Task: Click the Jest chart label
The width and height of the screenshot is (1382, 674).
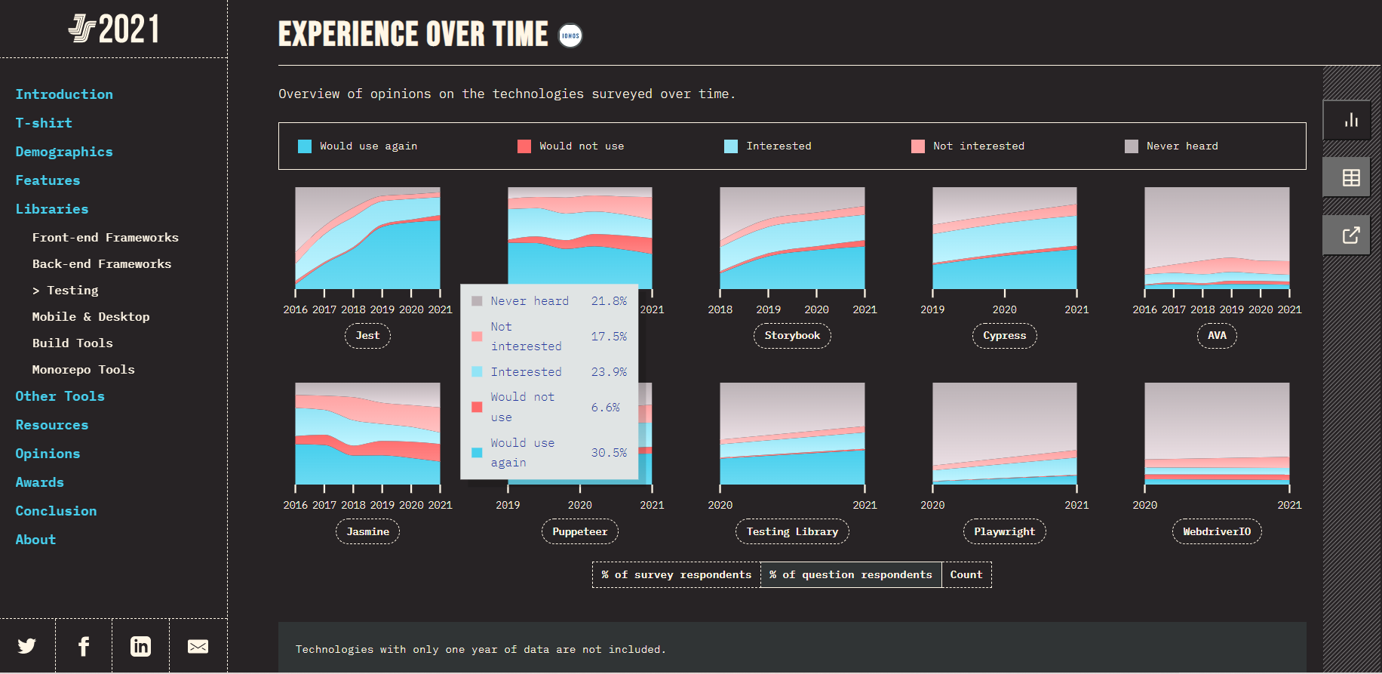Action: coord(367,336)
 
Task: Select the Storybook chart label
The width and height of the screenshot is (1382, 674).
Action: coord(792,336)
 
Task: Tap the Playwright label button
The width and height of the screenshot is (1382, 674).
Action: coord(1004,532)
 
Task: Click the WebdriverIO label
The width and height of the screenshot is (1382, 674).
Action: coord(1216,532)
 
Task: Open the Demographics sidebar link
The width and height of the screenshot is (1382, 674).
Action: coord(64,152)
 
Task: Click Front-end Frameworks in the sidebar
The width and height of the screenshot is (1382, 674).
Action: coord(105,238)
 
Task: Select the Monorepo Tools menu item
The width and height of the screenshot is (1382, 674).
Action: coord(83,370)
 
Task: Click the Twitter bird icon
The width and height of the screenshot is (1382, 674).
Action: coord(27,646)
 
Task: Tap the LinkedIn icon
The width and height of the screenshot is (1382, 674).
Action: coord(140,646)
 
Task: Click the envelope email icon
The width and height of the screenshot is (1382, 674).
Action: coord(198,646)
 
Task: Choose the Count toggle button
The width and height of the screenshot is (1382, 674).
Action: coord(966,575)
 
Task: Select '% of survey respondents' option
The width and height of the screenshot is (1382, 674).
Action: coord(677,575)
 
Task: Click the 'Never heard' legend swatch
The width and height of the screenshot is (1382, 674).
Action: coord(1131,146)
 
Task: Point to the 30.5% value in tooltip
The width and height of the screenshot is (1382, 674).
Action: coord(608,453)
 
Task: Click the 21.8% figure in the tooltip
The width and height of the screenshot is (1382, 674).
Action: coord(608,301)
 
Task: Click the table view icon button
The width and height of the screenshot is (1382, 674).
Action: coord(1350,177)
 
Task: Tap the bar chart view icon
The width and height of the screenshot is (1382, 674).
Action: coord(1350,120)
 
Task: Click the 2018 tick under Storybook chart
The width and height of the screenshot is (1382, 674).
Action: coord(720,309)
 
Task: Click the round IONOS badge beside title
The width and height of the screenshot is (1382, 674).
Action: coord(570,35)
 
